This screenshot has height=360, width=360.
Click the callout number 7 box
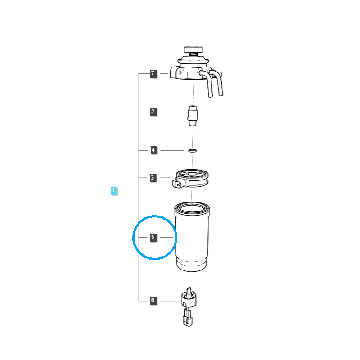pos(153,73)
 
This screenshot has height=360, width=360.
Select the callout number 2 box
pos(153,112)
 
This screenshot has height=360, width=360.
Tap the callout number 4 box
pos(153,150)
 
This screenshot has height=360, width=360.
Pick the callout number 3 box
pos(153,178)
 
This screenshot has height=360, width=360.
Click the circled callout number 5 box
pos(153,237)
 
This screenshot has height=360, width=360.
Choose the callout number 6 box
pos(153,300)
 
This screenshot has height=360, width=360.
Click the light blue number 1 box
pos(114,190)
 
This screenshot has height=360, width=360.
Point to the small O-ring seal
pos(193,151)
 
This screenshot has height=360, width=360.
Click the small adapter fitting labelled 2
pos(193,116)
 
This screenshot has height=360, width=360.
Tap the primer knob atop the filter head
pos(193,49)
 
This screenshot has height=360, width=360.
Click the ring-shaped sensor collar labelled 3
pos(193,178)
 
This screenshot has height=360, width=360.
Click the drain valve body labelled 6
pos(189,298)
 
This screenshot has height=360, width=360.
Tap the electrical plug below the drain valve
pos(188,318)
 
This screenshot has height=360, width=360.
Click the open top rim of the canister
pos(192,208)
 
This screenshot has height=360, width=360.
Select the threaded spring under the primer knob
pos(193,54)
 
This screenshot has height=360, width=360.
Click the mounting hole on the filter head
pos(180,73)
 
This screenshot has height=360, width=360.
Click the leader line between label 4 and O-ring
pos(172,150)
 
